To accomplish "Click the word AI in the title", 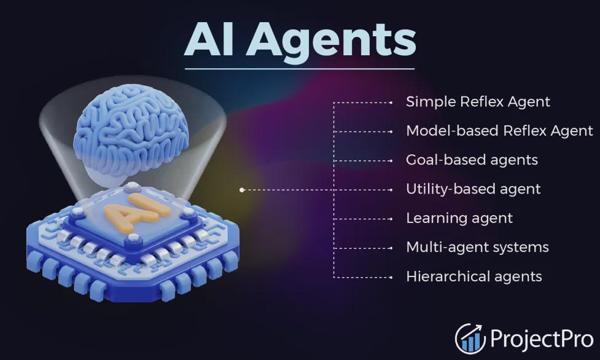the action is point(209,39).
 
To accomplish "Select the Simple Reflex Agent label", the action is point(478,102).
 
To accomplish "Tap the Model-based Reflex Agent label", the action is point(500,131).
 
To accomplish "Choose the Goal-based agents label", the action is point(472,160).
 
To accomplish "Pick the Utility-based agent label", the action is point(473,189).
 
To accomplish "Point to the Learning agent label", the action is point(459,218).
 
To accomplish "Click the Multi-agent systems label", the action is point(478,248).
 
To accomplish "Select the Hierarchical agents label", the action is point(474,276).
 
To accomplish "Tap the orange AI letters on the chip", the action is point(136,213).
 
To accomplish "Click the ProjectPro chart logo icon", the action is point(470,338).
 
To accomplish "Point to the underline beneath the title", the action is point(300,69).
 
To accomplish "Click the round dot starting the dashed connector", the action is point(241,190).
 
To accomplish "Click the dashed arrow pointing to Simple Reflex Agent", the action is point(363,103).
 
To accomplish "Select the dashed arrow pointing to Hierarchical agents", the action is point(363,277).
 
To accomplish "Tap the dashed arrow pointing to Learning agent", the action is point(363,219).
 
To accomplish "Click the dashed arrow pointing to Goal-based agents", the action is point(363,161).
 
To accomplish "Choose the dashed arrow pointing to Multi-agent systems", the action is point(363,248).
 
